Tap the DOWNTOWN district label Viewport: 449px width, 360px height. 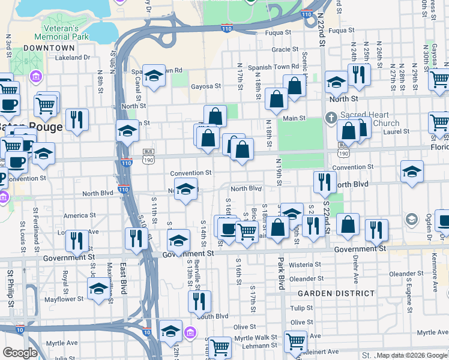point(49,48)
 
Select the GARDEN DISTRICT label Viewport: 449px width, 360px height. point(336,293)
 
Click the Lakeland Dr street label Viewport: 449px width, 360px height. point(72,58)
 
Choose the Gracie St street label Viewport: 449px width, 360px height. point(285,50)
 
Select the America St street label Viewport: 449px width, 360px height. point(79,215)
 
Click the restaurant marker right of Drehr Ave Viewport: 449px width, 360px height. point(376,230)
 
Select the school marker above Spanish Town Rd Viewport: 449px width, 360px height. point(154,76)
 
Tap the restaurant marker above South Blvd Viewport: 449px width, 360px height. point(199,301)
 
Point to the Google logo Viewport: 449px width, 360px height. point(20,353)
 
